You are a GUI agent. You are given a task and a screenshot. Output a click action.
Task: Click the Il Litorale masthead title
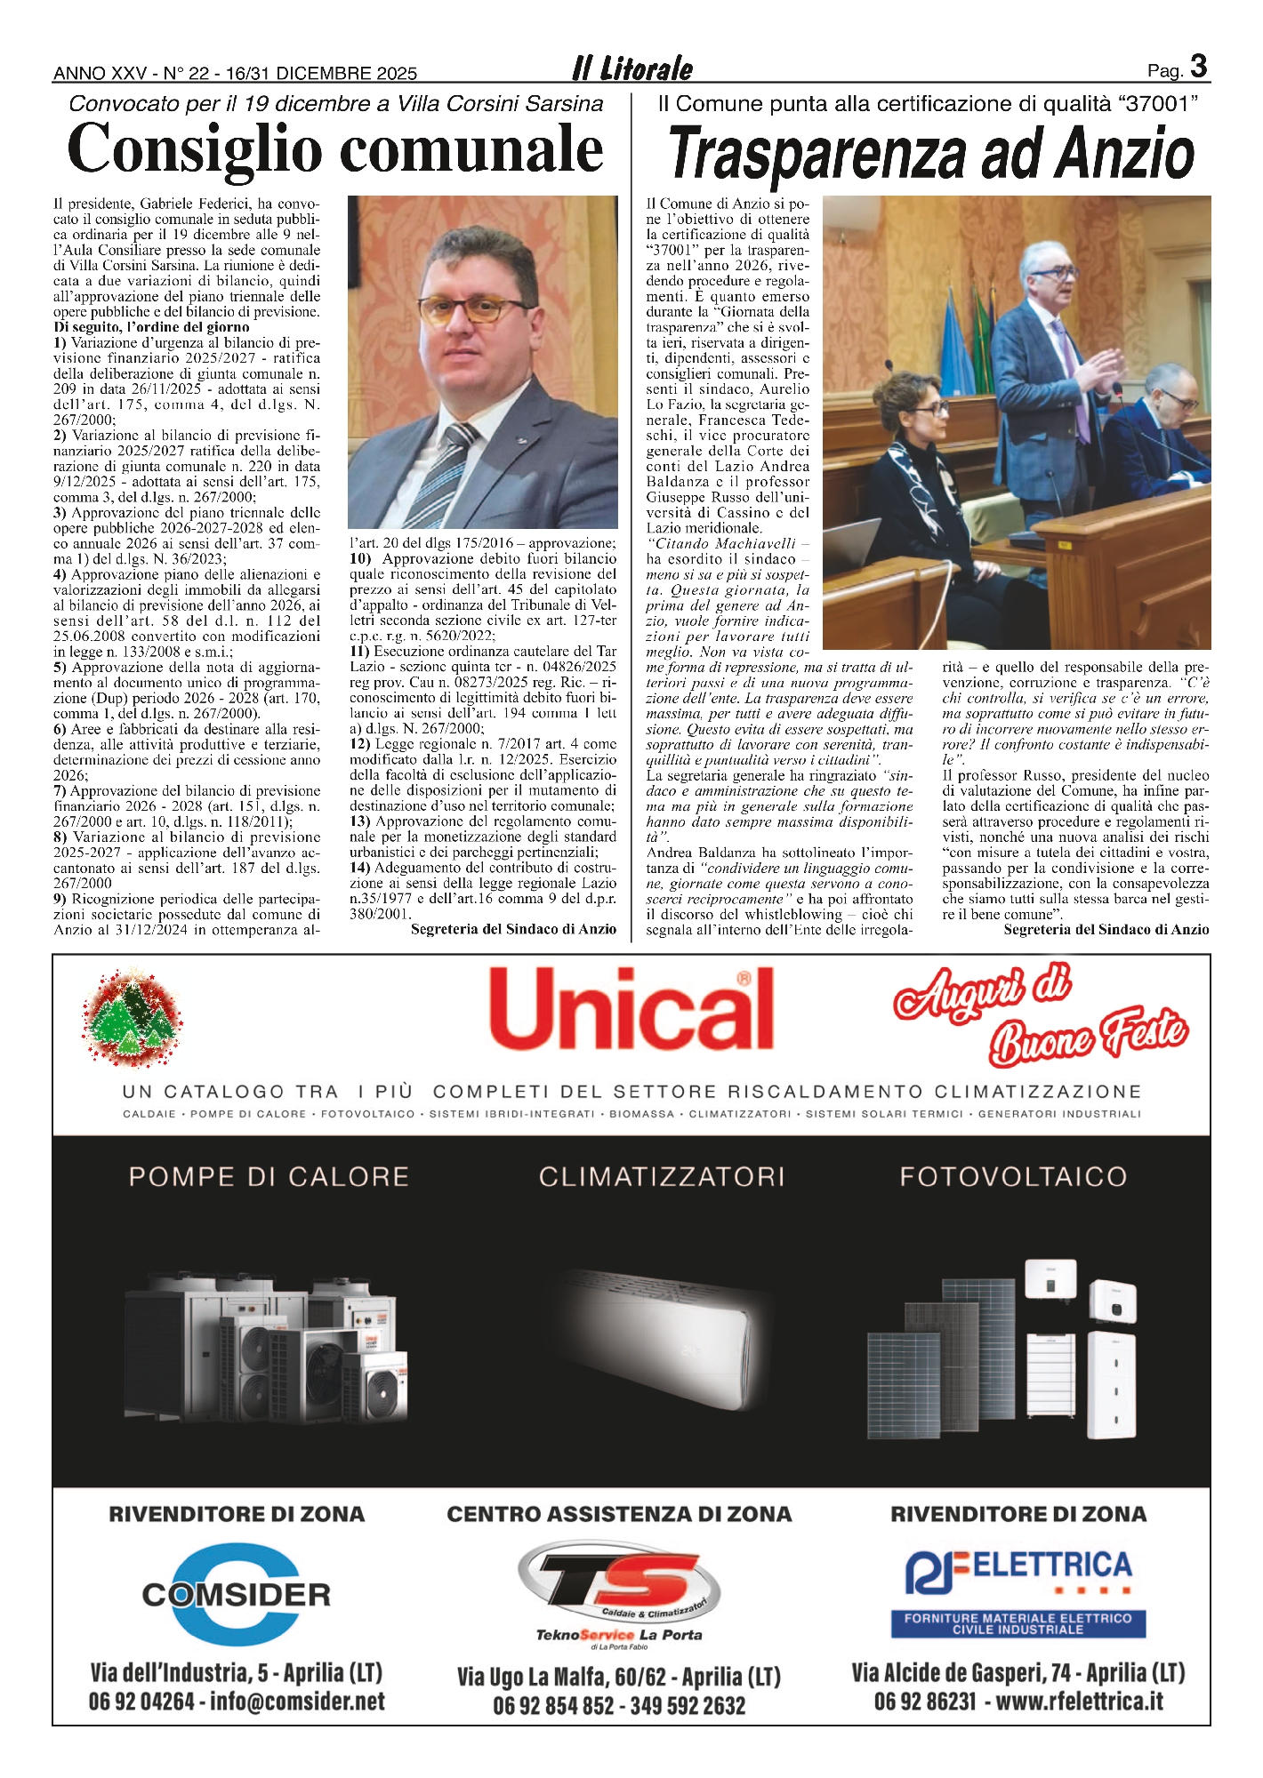(x=632, y=69)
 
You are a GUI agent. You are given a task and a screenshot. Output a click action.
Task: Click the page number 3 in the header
(x=1198, y=68)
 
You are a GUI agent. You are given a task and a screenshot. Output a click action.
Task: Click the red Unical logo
(x=631, y=1009)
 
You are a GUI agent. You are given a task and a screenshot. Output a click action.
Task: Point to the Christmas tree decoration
(x=132, y=1017)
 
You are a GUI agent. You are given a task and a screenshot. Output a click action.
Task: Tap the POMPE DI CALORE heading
(x=269, y=1177)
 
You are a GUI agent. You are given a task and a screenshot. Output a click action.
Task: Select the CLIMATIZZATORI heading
(x=662, y=1177)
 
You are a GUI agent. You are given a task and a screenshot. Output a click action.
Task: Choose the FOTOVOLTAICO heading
(x=1013, y=1177)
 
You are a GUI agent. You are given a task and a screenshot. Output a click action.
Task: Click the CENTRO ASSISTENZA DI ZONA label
(x=619, y=1514)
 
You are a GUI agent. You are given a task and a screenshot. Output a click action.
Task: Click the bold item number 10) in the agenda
(x=360, y=559)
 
